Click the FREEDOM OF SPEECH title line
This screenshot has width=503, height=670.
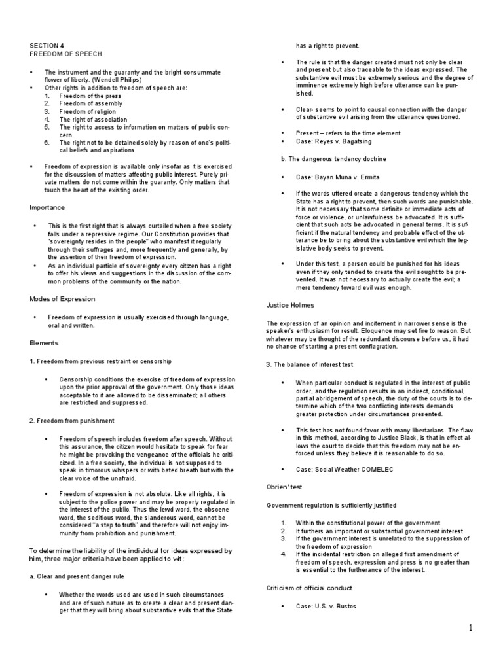[65, 54]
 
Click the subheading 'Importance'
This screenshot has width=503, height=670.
[48, 207]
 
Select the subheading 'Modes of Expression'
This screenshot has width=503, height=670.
[62, 299]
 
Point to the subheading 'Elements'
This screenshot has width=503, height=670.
[44, 342]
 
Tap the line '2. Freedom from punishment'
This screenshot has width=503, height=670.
[71, 421]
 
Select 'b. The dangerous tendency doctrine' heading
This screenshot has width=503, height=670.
[325, 158]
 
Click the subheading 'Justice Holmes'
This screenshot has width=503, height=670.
[290, 305]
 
